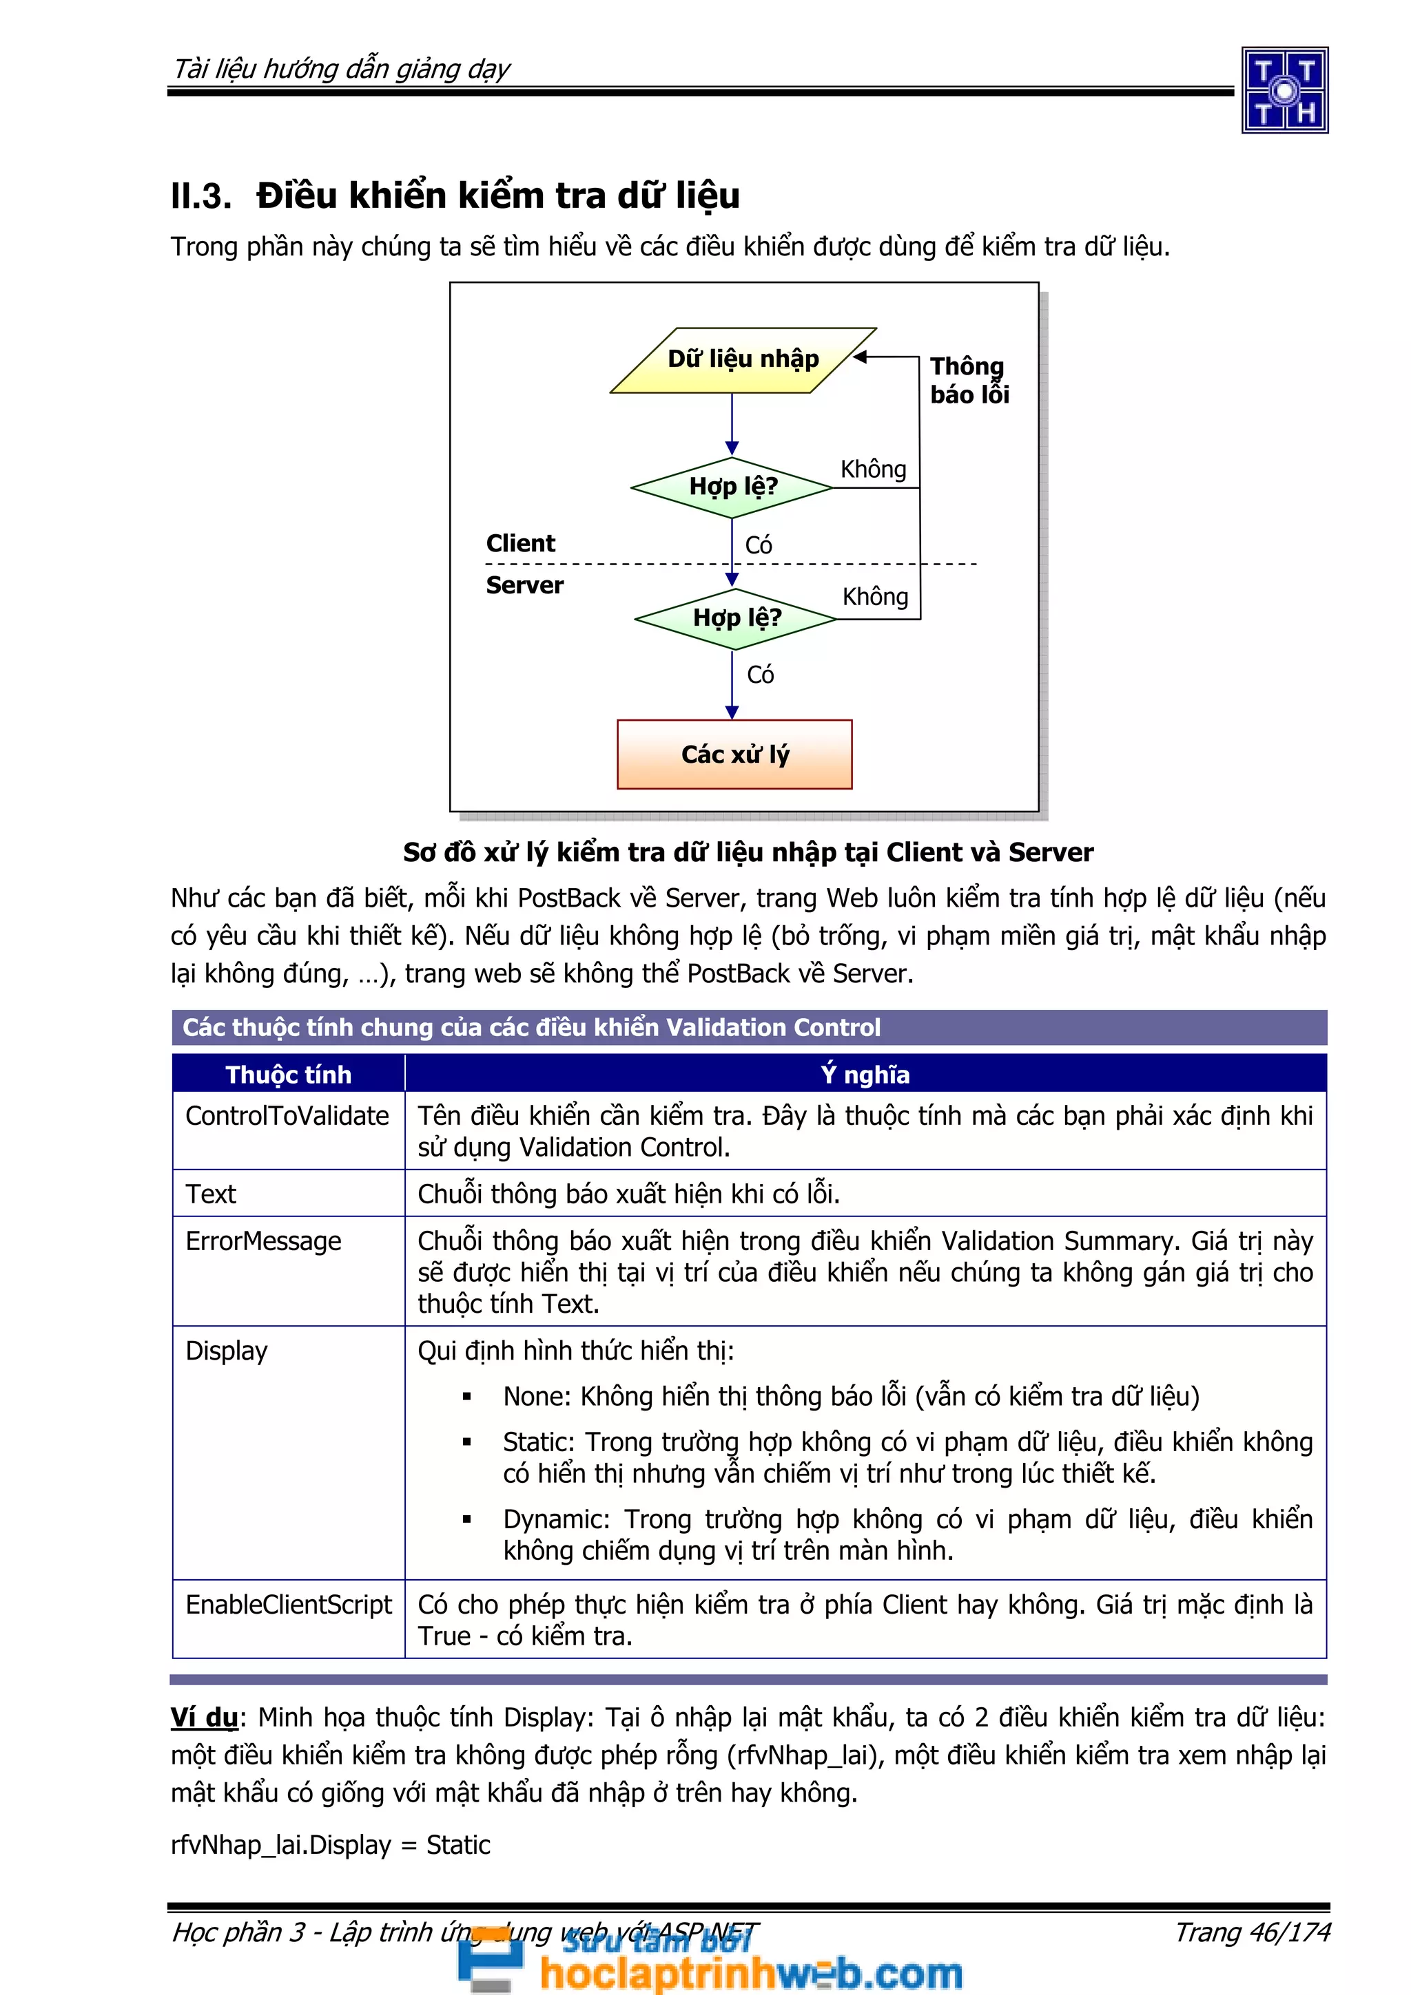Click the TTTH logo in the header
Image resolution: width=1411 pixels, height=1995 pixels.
click(1284, 90)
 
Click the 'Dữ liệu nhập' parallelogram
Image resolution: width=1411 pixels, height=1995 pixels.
click(743, 360)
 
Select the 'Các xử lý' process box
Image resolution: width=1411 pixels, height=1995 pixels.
click(734, 754)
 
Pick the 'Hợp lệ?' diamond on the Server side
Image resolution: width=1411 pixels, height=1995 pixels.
click(736, 617)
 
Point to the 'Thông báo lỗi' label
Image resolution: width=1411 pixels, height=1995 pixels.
click(969, 380)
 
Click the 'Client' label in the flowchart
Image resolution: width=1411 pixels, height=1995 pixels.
click(520, 543)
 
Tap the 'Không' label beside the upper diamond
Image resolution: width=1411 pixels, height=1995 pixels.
click(873, 469)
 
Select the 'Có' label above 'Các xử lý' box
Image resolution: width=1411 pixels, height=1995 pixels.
click(760, 674)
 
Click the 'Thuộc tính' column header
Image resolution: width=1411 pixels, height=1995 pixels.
click(289, 1074)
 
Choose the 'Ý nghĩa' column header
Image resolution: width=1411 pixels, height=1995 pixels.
click(865, 1074)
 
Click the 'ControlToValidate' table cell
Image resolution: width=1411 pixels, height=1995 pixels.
click(287, 1116)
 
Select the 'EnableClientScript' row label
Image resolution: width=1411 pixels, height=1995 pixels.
click(289, 1604)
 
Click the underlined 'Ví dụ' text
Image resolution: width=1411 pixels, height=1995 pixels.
click(205, 1717)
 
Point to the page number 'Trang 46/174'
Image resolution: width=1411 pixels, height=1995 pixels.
click(1252, 1932)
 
